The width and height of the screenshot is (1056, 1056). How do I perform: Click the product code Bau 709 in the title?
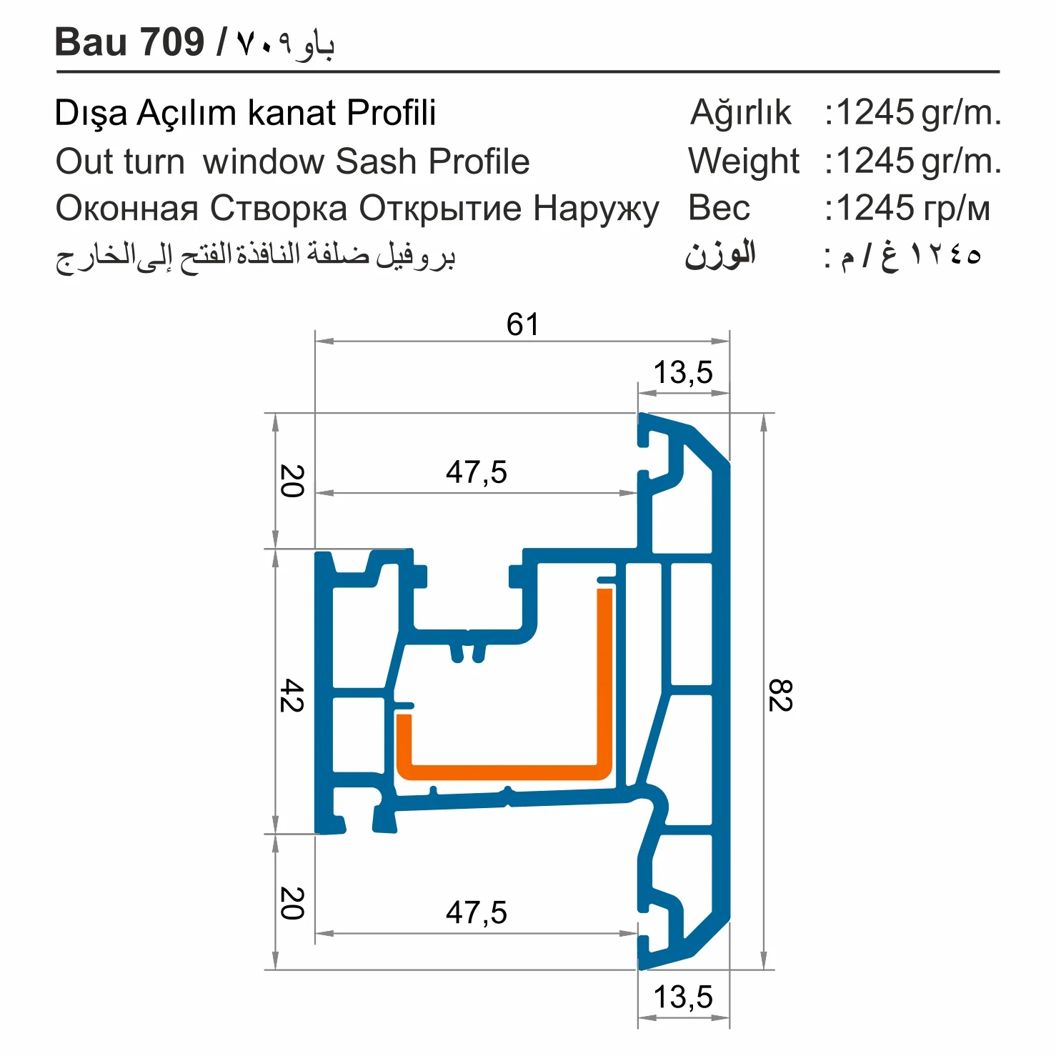coord(130,42)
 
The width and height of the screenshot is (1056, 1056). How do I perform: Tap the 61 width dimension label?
coord(522,324)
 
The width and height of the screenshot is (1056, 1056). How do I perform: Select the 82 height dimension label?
coord(779,695)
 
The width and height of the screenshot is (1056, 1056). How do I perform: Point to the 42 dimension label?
coord(292,695)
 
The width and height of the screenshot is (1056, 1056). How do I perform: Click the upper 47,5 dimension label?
coord(477,472)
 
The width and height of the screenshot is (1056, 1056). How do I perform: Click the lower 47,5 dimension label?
coord(477,912)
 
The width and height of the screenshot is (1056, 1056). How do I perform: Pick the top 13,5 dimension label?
coord(683,372)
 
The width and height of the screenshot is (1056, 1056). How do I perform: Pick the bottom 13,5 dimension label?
coord(683,997)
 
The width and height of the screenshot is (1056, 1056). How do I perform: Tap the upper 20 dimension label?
coord(292,481)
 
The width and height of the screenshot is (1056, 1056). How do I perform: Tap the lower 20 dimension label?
coord(292,903)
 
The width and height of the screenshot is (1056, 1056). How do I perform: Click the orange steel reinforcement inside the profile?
coord(504,772)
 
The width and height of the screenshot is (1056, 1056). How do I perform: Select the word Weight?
coord(744,161)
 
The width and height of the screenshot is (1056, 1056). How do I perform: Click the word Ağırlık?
coord(741,114)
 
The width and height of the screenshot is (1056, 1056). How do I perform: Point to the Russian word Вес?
coord(719,209)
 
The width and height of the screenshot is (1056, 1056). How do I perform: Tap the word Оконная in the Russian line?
coord(126,209)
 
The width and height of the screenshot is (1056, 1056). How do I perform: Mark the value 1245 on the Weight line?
coord(875,161)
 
